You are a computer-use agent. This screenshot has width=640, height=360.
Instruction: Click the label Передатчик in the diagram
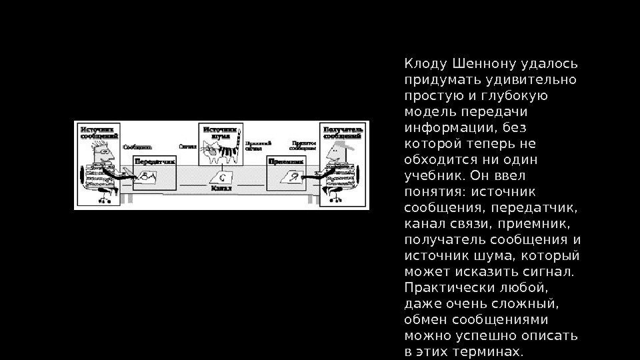tap(155, 161)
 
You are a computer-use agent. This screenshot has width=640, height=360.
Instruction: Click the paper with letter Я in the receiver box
tap(291, 177)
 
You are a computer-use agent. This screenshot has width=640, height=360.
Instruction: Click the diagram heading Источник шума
tap(220, 133)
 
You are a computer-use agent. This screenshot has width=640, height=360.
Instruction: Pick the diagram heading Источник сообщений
tap(97, 131)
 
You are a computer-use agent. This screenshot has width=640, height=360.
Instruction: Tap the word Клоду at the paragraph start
tap(426, 64)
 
